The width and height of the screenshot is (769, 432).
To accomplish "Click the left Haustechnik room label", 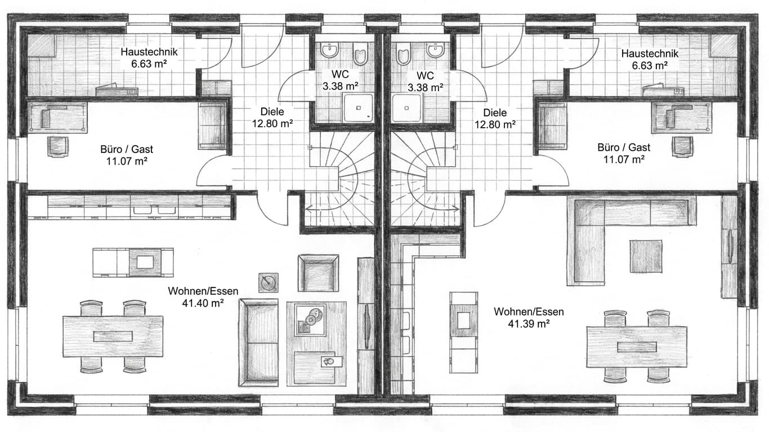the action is pos(149,52).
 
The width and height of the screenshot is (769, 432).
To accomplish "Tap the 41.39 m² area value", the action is pos(529,323).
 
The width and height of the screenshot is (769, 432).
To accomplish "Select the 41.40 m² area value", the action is pos(203,303).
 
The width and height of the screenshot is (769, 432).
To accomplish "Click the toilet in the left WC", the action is pos(360,53).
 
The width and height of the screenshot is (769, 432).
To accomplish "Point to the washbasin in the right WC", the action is pos(436,50).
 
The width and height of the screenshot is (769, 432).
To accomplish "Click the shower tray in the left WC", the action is pos(358,107).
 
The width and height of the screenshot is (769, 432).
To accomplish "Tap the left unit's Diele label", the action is pos(272,111).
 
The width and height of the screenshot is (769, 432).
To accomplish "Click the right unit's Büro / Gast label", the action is pos(624,147).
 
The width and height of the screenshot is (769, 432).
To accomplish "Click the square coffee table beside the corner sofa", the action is pos(646,256).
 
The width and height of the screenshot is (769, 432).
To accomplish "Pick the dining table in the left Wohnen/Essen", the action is pos(113,336).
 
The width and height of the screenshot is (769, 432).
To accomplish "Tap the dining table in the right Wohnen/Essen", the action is pos(637,347).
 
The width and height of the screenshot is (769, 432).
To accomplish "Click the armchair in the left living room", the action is pos(318,273).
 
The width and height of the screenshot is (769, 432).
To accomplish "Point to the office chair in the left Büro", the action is pos(57,146).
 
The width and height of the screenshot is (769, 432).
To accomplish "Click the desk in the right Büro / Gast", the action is pos(681,118).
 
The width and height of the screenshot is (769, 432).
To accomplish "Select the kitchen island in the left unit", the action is pos(133,263).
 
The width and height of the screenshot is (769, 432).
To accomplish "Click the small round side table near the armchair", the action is pos(268,282).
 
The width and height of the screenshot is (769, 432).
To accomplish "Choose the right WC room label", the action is pos(426,75).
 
